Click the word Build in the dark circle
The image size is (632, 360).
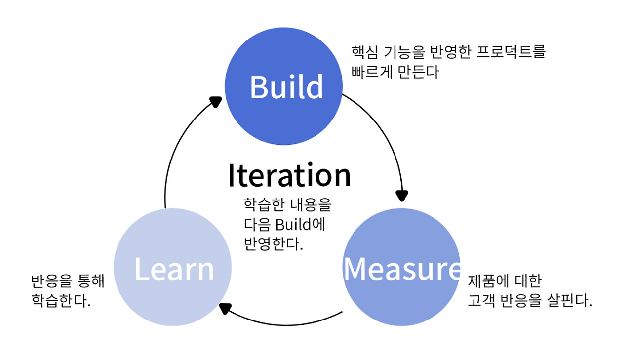tap(286, 87)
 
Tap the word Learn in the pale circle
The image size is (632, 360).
tap(174, 269)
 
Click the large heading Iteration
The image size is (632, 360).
tap(289, 175)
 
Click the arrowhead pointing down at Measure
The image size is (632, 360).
tap(402, 195)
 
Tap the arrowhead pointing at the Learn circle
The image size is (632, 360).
tap(225, 309)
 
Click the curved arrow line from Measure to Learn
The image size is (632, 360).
tap(286, 324)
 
